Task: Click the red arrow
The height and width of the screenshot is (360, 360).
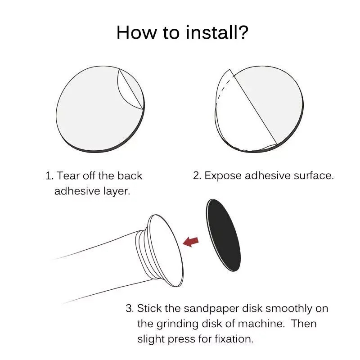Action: click(x=190, y=242)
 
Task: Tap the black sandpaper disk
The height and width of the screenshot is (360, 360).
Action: click(x=224, y=235)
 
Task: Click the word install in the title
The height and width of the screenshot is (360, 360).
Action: click(x=211, y=32)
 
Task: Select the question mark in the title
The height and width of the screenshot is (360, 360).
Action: click(x=243, y=32)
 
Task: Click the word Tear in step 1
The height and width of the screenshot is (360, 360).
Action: click(x=68, y=176)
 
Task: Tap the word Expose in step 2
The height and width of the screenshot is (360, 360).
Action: click(x=223, y=176)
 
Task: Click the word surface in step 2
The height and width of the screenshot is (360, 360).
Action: click(x=314, y=176)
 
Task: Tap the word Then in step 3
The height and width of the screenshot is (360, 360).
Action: click(x=304, y=324)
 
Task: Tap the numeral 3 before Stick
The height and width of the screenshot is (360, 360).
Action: click(x=130, y=308)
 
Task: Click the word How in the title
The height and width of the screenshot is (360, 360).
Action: click(x=136, y=32)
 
